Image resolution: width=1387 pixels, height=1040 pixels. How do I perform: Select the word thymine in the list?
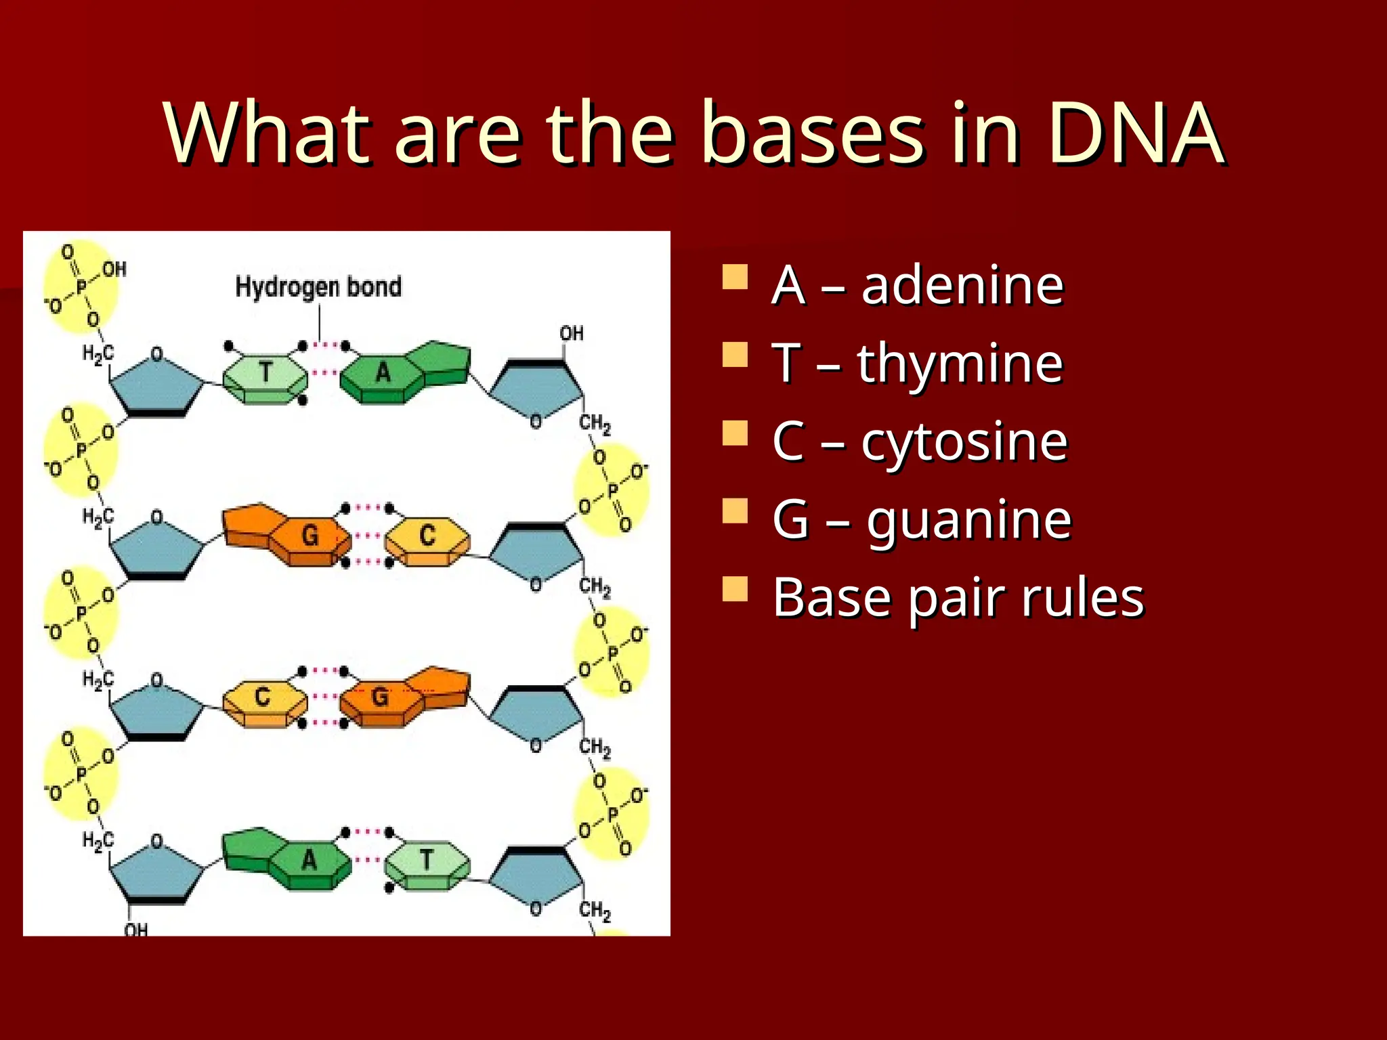tap(960, 364)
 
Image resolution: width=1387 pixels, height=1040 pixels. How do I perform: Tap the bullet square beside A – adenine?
tap(735, 277)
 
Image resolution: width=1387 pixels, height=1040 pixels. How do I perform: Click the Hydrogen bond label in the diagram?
tap(318, 287)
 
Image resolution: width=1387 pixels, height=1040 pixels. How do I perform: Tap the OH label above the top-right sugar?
tap(571, 333)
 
